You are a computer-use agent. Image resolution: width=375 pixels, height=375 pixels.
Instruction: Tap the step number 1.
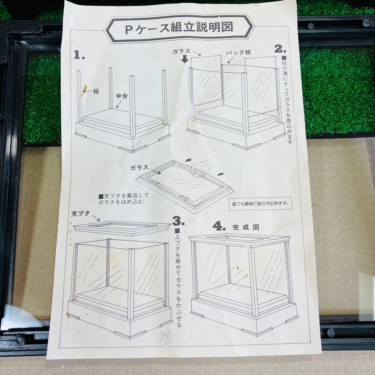point(80,55)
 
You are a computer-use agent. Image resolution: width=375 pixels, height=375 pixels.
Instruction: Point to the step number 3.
point(178,221)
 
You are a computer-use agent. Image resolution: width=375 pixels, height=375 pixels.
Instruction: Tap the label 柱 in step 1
point(96,91)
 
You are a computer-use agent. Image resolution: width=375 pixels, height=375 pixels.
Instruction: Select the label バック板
point(239,53)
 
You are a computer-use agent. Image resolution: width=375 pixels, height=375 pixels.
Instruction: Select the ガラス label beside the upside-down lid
point(140,168)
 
